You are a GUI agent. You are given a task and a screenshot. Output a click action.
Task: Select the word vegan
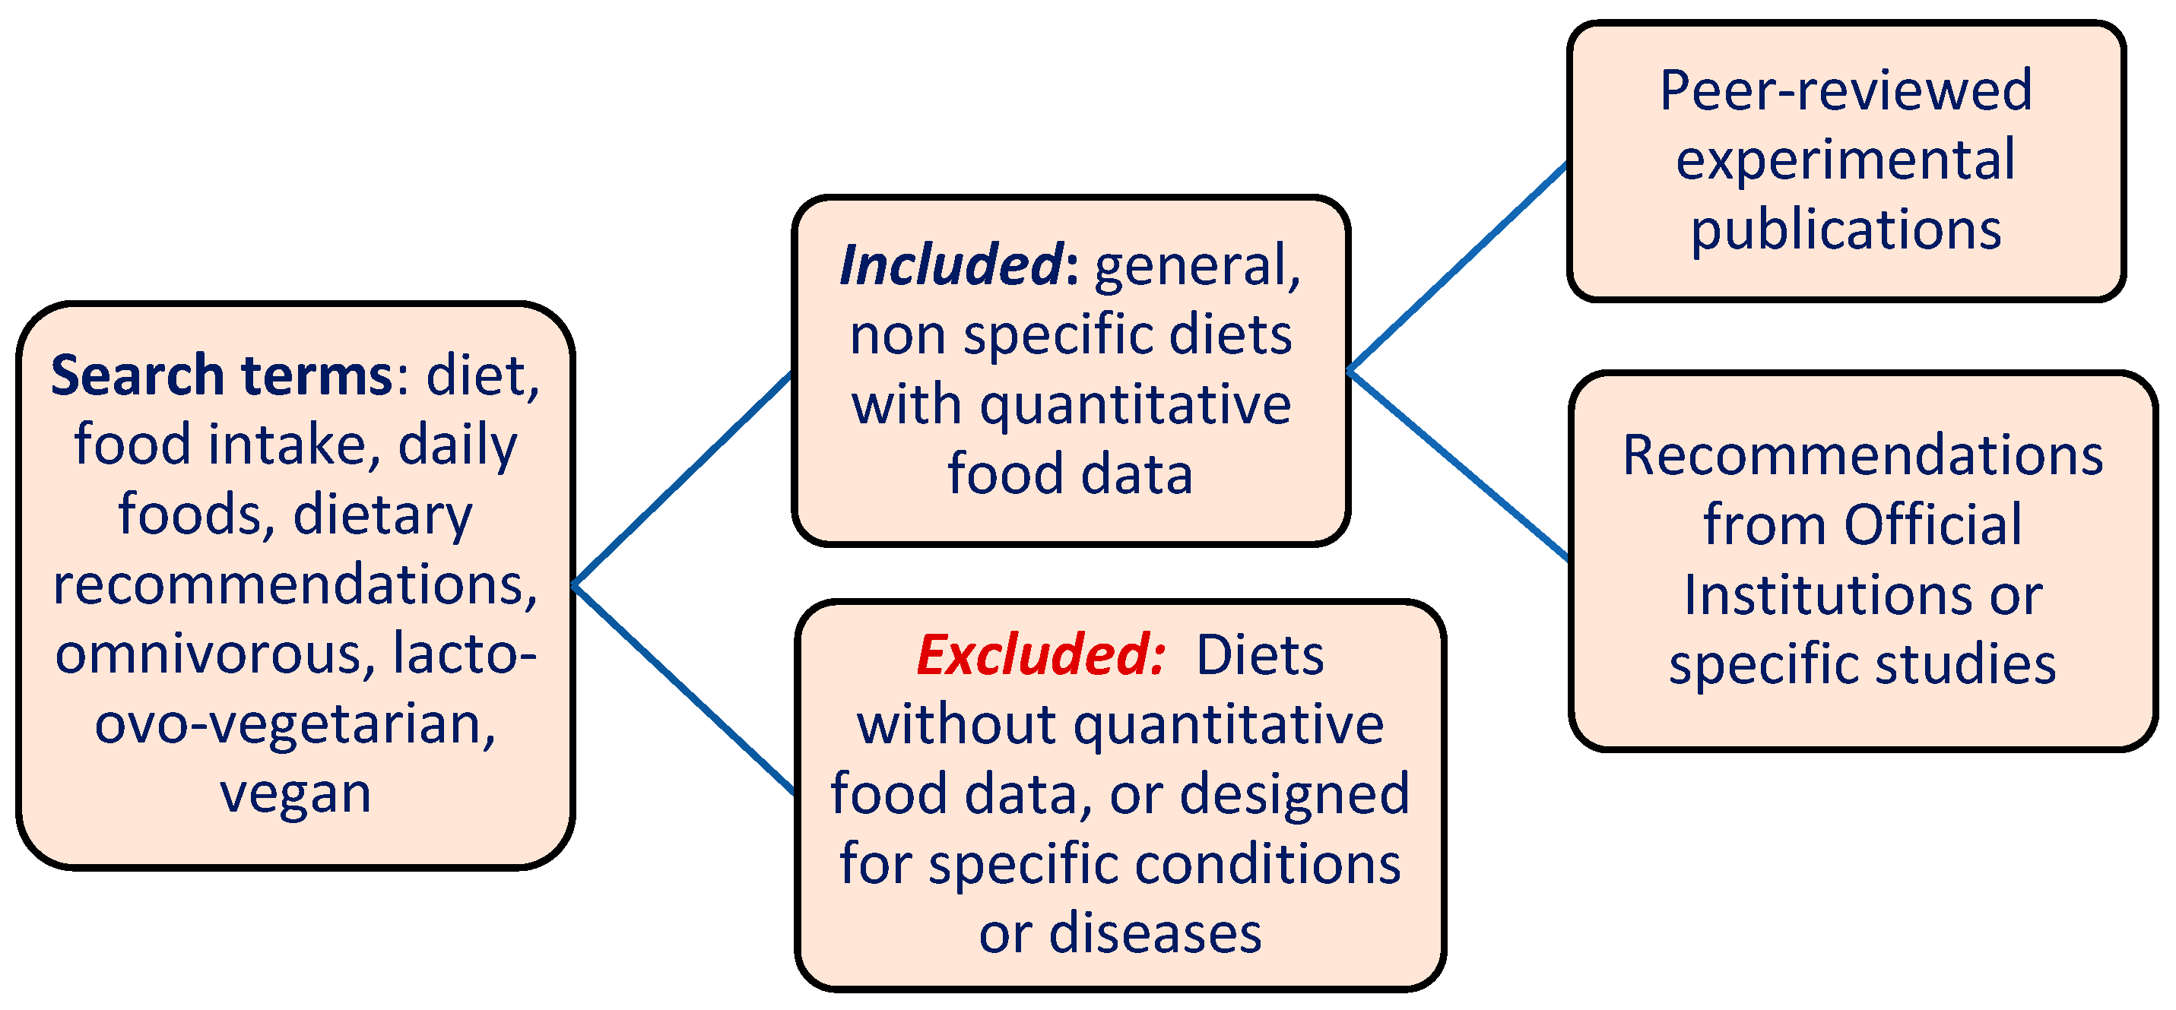[x=296, y=794]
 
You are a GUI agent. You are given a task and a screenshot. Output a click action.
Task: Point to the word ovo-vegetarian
[x=296, y=724]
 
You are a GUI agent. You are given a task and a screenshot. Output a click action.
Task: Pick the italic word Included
[x=950, y=266]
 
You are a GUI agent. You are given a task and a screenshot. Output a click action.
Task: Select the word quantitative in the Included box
[x=1135, y=405]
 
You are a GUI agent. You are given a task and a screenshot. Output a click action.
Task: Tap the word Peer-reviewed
[x=1846, y=90]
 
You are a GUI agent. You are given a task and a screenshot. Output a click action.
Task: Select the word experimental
[x=1846, y=160]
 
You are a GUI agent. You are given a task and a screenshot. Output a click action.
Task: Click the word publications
[x=1846, y=230]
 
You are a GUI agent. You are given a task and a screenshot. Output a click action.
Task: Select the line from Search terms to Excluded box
[x=684, y=690]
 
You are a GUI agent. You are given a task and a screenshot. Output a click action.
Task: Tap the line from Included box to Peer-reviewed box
[x=1458, y=267]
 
